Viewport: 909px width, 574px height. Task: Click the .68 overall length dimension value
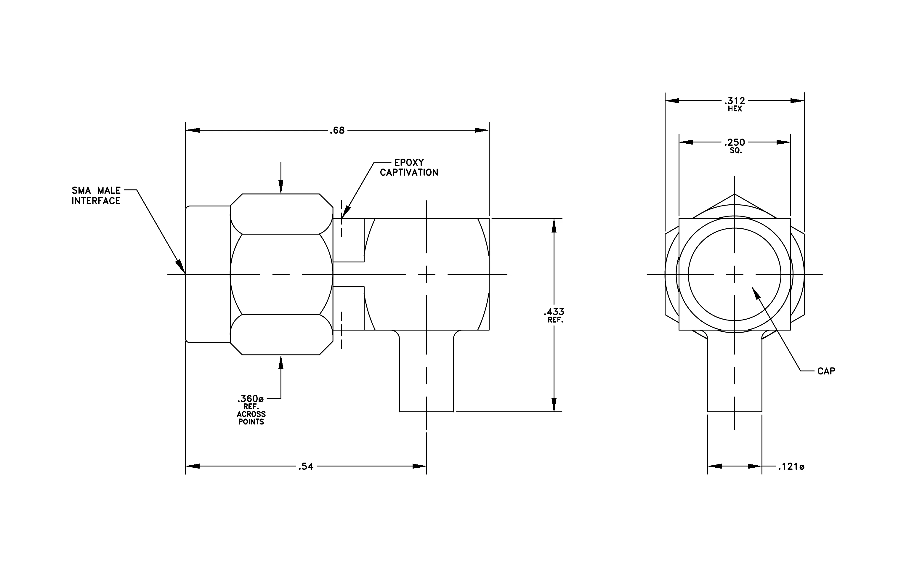tap(337, 131)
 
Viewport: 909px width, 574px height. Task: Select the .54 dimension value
tap(306, 466)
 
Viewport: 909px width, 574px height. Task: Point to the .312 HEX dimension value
tap(735, 101)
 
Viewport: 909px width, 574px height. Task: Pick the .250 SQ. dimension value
tap(735, 142)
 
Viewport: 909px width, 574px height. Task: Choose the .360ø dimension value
tap(250, 399)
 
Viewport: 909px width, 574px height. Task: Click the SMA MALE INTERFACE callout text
tap(96, 195)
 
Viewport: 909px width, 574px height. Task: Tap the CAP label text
tap(826, 371)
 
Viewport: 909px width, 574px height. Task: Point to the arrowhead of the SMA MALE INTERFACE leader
tap(182, 267)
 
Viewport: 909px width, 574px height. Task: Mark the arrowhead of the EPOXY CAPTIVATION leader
tap(345, 212)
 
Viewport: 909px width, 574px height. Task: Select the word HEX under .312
tap(735, 109)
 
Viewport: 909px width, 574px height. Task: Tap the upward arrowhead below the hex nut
tap(281, 362)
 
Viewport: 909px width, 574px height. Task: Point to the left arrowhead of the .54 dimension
tap(193, 466)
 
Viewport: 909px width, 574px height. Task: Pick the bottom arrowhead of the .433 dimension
tap(554, 405)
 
